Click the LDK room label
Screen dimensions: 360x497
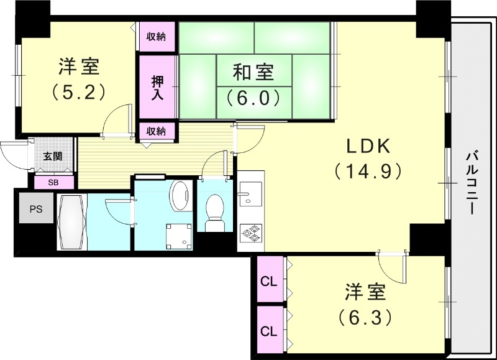(367, 147)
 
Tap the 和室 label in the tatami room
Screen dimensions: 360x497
(253, 72)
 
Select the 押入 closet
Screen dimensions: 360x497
(157, 88)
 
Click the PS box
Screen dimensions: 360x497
(35, 209)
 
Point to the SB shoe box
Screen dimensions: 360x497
(53, 183)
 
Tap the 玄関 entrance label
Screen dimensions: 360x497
(53, 156)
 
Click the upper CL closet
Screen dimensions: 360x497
(268, 282)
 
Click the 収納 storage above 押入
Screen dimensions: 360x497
(157, 37)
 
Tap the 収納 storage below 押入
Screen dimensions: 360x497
(157, 131)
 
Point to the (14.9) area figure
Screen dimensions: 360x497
(367, 171)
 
